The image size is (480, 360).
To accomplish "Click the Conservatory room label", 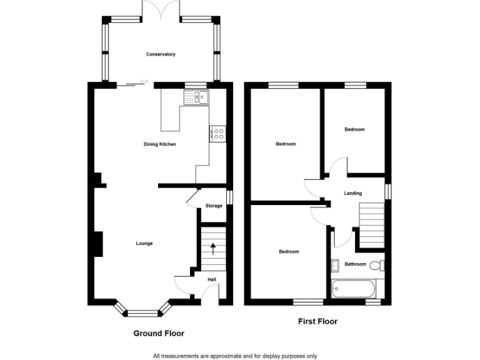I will pyautogui.click(x=161, y=54).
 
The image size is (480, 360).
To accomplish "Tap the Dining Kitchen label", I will pyautogui.click(x=160, y=144).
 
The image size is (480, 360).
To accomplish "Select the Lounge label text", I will pyautogui.click(x=144, y=243).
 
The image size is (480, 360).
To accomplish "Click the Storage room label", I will pyautogui.click(x=214, y=206).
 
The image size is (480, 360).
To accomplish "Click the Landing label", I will pyautogui.click(x=352, y=193).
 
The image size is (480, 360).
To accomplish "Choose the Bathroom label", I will pyautogui.click(x=355, y=264).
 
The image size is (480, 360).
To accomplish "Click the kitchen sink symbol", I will pyautogui.click(x=197, y=97).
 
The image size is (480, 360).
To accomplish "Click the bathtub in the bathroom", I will pyautogui.click(x=354, y=289).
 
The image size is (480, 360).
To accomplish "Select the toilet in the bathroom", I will pyautogui.click(x=377, y=265).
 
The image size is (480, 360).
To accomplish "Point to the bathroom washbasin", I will pyautogui.click(x=334, y=265).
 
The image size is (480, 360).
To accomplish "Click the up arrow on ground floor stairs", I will pyautogui.click(x=213, y=249).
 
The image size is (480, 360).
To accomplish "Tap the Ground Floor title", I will pyautogui.click(x=159, y=333).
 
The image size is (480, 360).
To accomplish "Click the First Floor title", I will pyautogui.click(x=317, y=322).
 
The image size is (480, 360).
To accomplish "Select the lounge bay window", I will pyautogui.click(x=143, y=309).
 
